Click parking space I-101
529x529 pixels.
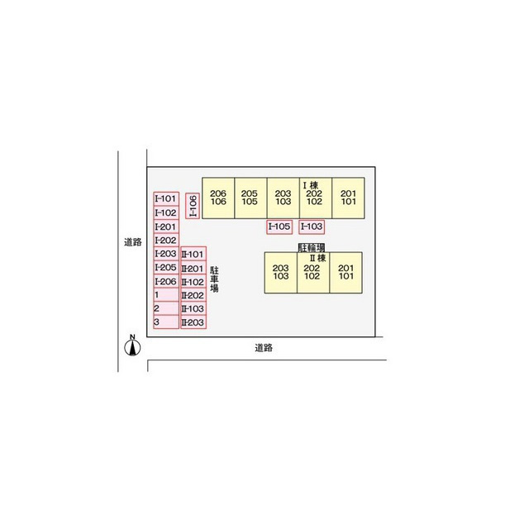click(166, 198)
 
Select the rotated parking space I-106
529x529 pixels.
click(193, 206)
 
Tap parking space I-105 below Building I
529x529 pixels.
click(279, 226)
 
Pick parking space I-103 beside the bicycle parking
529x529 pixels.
click(312, 226)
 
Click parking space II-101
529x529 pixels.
click(193, 254)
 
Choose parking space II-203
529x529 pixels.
click(193, 322)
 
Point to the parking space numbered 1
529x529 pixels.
click(166, 295)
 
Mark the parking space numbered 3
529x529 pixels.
click(166, 322)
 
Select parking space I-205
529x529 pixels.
click(166, 268)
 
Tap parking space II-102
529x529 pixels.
click(193, 282)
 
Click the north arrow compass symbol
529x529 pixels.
click(132, 346)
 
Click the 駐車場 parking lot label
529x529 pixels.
click(214, 279)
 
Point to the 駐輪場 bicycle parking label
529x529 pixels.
click(312, 248)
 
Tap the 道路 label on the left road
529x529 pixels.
click(132, 242)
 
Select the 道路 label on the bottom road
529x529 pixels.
click(264, 348)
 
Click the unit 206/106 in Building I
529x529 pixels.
click(218, 198)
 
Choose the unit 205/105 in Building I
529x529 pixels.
click(250, 198)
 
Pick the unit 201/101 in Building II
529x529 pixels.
click(346, 273)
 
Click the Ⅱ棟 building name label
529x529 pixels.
click(317, 259)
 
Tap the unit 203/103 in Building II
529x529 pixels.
click(281, 273)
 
